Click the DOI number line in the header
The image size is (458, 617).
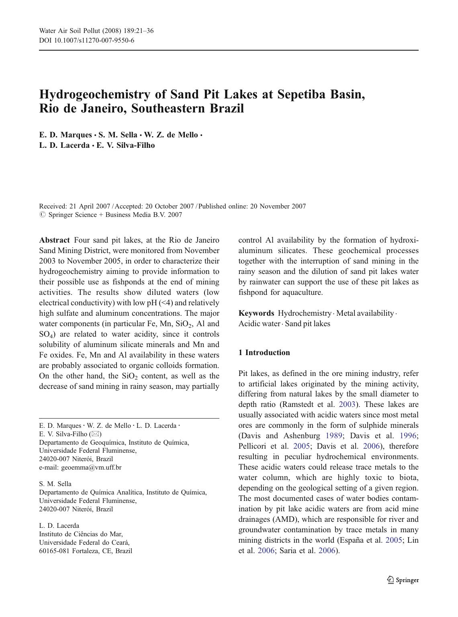point(86,40)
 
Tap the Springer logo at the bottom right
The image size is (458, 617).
point(403,580)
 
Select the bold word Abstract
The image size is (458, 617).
point(54,240)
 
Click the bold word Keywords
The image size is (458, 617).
point(256,313)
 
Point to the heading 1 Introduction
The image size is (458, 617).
point(264,353)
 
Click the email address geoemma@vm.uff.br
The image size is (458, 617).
point(91,467)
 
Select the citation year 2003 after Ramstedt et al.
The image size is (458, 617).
point(347,405)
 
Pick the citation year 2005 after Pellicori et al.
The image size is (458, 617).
point(301,446)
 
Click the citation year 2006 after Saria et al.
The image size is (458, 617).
point(327,551)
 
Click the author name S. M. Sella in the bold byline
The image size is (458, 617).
point(118,135)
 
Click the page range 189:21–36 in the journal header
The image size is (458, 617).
point(136,31)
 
